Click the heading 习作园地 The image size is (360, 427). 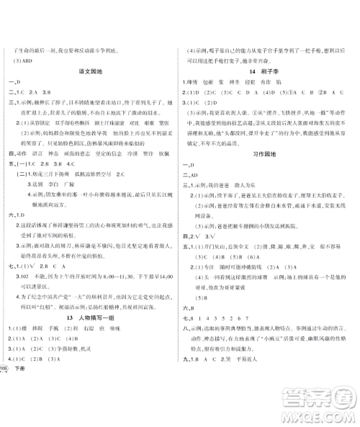tap(266, 154)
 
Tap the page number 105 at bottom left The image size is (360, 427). tap(5, 408)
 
